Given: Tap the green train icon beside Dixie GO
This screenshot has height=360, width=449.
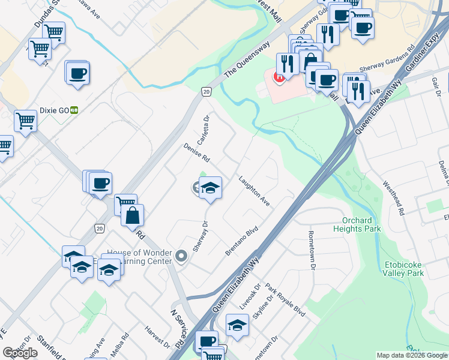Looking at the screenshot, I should click(74, 110).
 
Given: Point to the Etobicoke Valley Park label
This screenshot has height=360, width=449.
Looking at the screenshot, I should click(403, 269).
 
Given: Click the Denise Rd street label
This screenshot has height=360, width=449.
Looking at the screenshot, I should click(196, 152).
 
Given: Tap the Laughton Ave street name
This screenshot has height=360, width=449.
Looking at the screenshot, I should click(254, 191).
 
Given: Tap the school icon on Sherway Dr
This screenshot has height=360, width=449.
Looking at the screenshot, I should click(210, 187).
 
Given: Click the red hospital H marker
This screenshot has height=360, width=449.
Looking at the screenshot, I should click(279, 77).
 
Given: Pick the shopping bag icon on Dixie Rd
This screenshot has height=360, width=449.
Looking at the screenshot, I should click(132, 215).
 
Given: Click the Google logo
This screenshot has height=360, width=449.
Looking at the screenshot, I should click(20, 353).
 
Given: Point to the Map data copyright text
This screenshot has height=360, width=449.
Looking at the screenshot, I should click(412, 355).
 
